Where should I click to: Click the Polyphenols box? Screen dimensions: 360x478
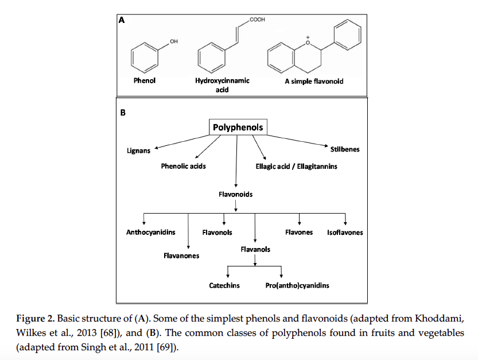click(x=238, y=127)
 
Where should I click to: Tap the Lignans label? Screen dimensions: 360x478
click(x=139, y=151)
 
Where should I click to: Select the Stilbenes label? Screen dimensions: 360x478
click(x=345, y=149)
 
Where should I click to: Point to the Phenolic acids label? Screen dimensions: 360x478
click(x=183, y=166)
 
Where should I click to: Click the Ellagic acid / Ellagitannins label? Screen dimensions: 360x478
click(x=296, y=166)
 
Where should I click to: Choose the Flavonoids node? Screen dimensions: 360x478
click(x=235, y=194)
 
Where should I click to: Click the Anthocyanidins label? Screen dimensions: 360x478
click(x=151, y=233)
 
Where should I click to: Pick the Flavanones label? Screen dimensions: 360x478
click(x=181, y=256)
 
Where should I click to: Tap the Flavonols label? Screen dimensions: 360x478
click(x=217, y=233)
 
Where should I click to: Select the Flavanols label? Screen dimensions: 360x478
click(x=255, y=249)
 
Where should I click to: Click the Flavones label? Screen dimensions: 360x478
click(x=299, y=233)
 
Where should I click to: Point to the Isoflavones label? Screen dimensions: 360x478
click(x=345, y=233)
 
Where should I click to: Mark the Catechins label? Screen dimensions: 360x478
click(x=224, y=285)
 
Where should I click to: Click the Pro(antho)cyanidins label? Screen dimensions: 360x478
click(x=297, y=285)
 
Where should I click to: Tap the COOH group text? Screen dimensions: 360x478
click(x=257, y=20)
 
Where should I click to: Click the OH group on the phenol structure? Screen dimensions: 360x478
click(x=174, y=41)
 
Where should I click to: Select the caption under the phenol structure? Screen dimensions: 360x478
click(x=145, y=81)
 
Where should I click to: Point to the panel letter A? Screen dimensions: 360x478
click(x=121, y=20)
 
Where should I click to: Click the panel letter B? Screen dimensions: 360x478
click(x=122, y=113)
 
